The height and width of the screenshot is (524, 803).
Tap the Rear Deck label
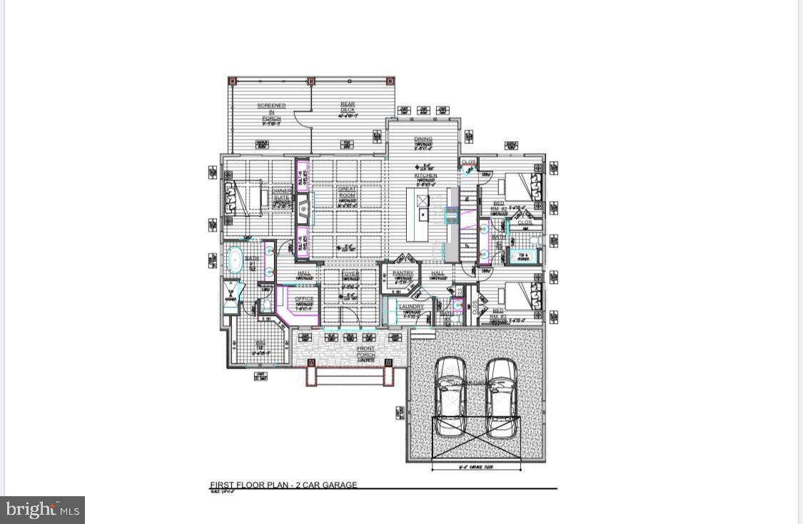pos(348,108)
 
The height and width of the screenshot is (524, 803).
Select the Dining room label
pos(423,140)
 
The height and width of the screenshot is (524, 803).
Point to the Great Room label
pos(347,192)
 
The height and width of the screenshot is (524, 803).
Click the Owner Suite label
pos(281,194)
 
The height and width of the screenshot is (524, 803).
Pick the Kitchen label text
pos(425,175)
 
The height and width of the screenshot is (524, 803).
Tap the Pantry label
pos(403,273)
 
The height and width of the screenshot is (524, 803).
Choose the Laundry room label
pos(411,307)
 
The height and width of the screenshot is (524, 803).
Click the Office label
pos(304,299)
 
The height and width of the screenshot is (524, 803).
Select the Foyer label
pos(350,274)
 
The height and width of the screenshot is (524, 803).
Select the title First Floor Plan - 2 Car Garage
pos(283,485)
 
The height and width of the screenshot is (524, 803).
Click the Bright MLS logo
pos(43,510)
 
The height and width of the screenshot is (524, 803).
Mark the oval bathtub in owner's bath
pos(234,260)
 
